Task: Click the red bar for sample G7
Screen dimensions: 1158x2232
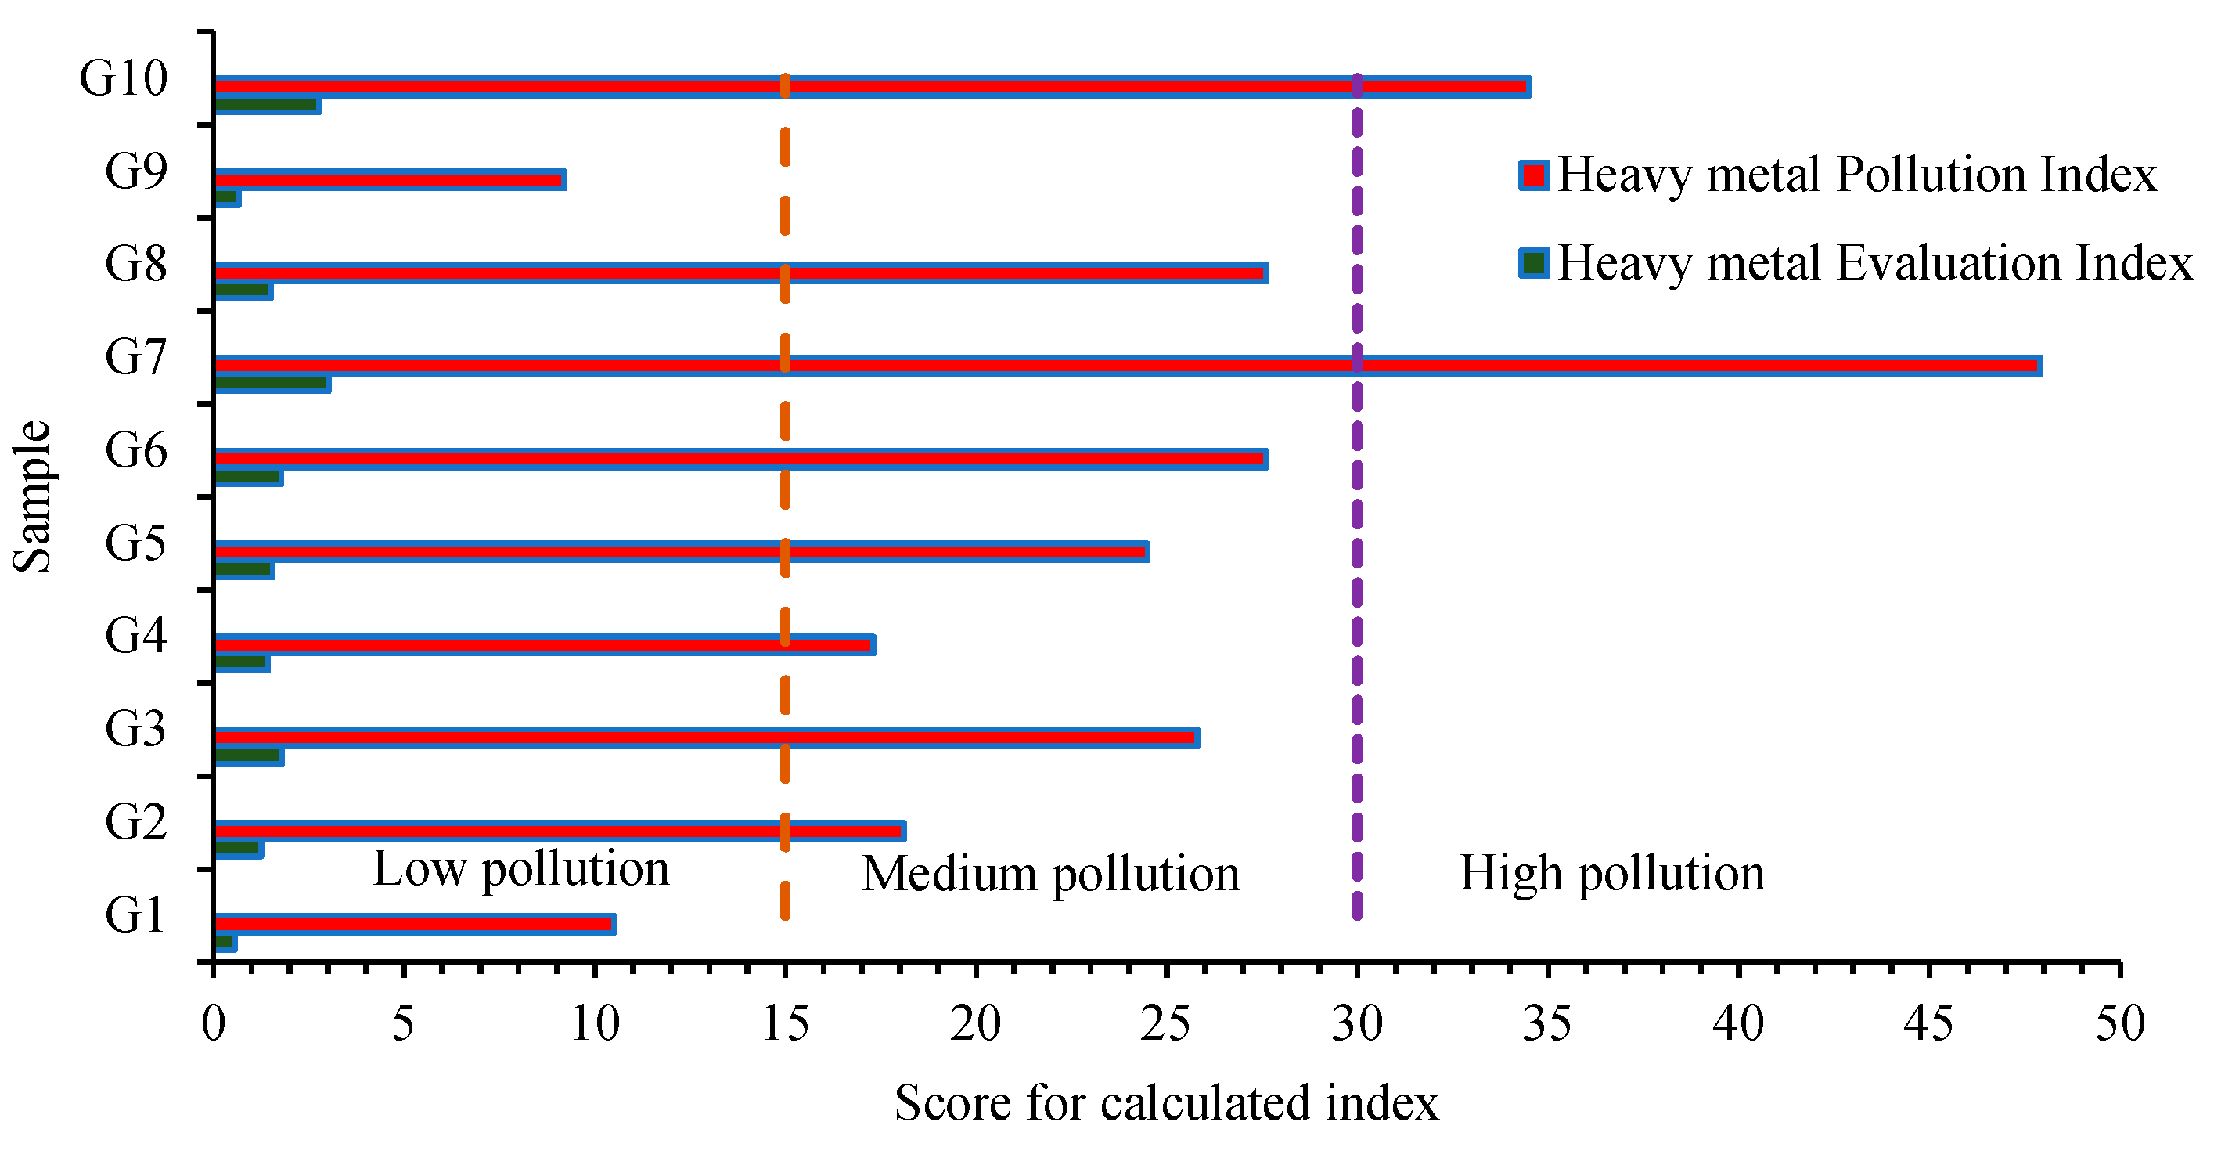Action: click(1126, 366)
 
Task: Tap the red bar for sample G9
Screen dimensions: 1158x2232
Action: click(389, 179)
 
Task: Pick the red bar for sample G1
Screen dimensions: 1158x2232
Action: click(414, 924)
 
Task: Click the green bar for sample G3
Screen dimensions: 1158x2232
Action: click(248, 756)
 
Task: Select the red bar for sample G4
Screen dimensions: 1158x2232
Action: click(543, 645)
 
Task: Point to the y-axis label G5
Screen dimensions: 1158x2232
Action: click(135, 543)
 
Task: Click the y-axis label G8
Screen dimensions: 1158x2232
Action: click(135, 264)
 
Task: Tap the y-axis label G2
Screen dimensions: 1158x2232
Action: click(135, 821)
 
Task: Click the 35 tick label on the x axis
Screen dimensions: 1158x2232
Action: click(1547, 1025)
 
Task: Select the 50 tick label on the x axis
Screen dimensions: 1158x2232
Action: click(2119, 1025)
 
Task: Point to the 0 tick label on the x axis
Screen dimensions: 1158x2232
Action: click(213, 1025)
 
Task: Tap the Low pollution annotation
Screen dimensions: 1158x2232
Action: click(520, 869)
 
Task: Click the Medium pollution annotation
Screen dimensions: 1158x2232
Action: click(1050, 874)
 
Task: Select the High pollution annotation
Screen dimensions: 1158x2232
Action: click(1611, 873)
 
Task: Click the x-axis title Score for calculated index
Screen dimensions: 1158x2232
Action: click(1166, 1103)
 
